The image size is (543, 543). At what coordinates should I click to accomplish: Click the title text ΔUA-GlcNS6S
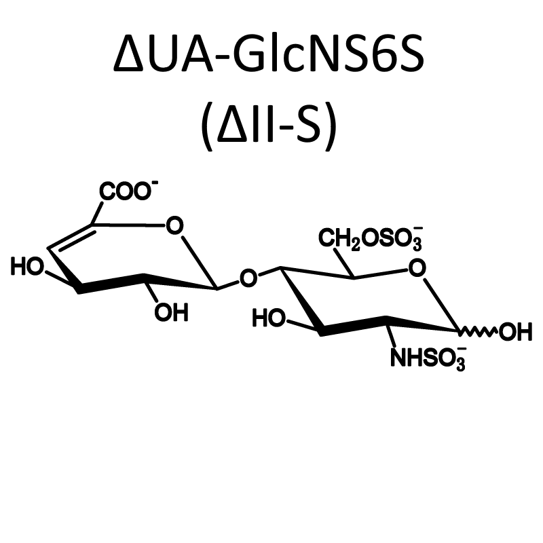pos(269,53)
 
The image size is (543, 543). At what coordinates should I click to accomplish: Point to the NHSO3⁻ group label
pos(428,358)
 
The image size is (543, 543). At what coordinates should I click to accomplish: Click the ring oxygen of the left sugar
pos(174,226)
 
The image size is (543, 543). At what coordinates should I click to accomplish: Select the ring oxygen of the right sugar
pos(417,268)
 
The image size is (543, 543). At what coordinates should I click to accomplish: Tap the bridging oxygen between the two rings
pos(248,278)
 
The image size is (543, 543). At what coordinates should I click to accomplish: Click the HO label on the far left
pos(28,267)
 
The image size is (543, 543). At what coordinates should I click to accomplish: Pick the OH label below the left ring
pos(172,312)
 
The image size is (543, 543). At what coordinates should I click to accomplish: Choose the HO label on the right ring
pos(269,318)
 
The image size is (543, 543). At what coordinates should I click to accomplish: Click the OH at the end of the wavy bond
pos(515,332)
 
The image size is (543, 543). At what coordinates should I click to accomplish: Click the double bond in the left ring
pos(71,237)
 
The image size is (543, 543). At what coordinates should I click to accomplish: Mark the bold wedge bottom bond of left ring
pos(111,284)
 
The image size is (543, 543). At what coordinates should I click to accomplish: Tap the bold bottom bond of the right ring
pos(354,326)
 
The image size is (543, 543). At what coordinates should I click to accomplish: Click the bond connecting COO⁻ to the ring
pos(97,213)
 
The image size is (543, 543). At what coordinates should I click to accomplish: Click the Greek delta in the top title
pos(128,54)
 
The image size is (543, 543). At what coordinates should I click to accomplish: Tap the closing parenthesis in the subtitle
pos(331,127)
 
